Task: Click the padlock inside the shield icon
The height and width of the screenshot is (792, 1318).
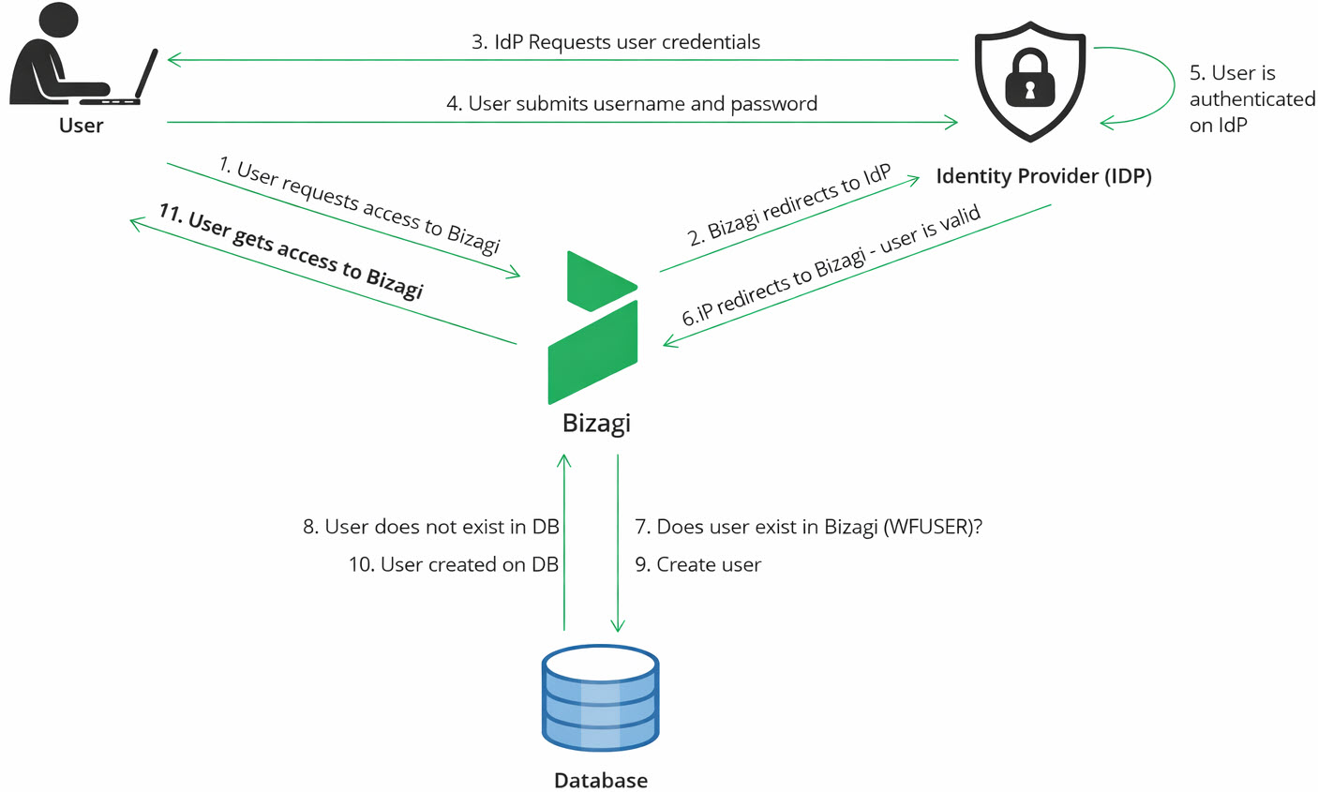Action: (1029, 81)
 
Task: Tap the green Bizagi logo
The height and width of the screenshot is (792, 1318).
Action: (594, 328)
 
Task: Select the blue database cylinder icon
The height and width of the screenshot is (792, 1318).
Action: (600, 698)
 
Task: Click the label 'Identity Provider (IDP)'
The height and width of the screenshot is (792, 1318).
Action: (1043, 176)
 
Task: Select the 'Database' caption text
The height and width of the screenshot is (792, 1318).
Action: (600, 780)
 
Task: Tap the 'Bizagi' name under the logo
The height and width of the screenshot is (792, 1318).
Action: (596, 423)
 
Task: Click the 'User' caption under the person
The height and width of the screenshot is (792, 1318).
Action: (81, 126)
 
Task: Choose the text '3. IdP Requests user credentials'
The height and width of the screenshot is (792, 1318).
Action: (615, 42)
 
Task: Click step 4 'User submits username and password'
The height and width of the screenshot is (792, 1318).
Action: (631, 104)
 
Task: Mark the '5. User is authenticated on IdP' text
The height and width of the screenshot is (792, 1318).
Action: (1251, 99)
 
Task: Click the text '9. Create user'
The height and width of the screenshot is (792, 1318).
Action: (697, 565)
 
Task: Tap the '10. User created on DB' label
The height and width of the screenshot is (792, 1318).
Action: (453, 565)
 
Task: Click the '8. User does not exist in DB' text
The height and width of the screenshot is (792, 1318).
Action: (430, 527)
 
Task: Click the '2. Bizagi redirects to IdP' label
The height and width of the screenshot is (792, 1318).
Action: (789, 206)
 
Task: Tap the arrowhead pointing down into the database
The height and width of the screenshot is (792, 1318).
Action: (618, 625)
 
